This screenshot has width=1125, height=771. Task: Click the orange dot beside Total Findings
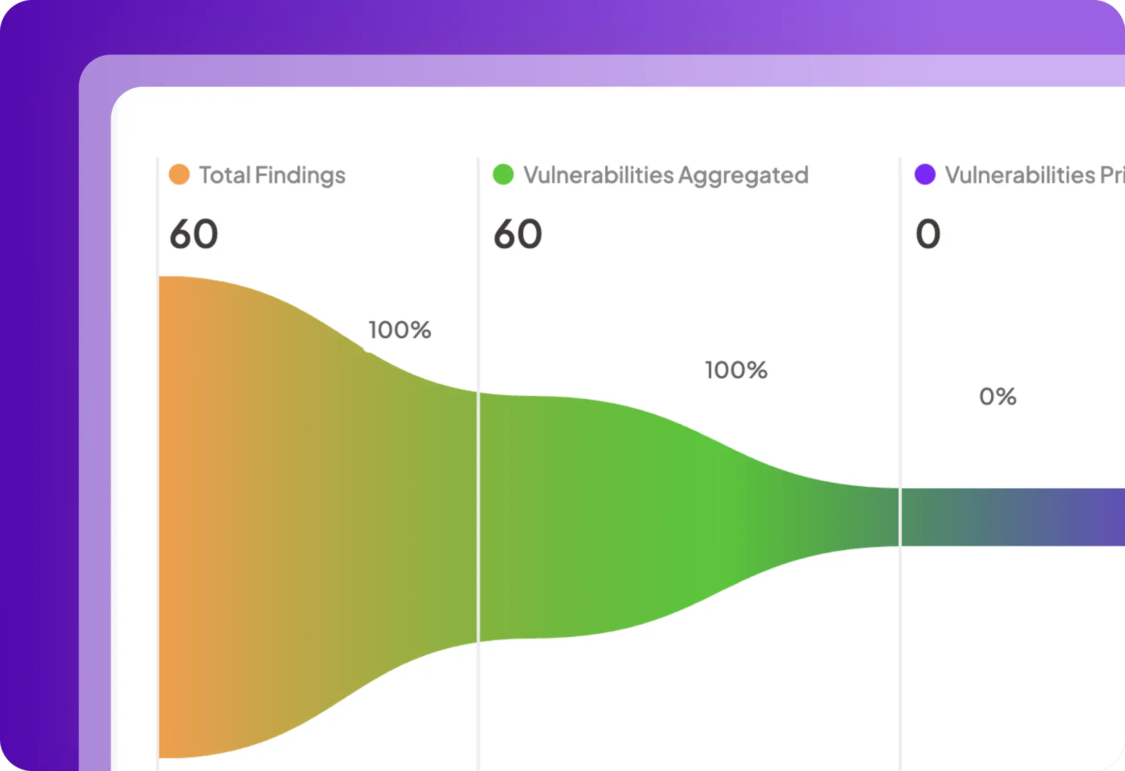coord(179,175)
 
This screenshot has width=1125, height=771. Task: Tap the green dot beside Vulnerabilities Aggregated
coord(503,175)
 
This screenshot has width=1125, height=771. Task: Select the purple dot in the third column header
coord(924,175)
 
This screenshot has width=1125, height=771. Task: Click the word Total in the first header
coord(224,175)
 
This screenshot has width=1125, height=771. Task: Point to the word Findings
coord(300,176)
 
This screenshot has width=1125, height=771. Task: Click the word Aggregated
coord(743,176)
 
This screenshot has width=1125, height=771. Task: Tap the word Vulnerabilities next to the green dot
coord(598,175)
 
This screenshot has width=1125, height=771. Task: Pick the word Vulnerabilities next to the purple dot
coord(1020,175)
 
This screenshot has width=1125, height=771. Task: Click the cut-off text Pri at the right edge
coord(1112,175)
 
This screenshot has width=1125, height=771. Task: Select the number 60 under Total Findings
coord(194,234)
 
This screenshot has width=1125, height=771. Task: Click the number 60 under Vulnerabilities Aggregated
coord(517,234)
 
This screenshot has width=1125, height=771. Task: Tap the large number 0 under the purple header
coord(928,234)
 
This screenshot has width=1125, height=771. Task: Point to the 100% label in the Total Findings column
coord(400,330)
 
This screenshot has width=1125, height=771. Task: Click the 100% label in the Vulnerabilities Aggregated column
coord(736,370)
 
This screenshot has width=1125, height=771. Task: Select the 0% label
coord(997,397)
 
